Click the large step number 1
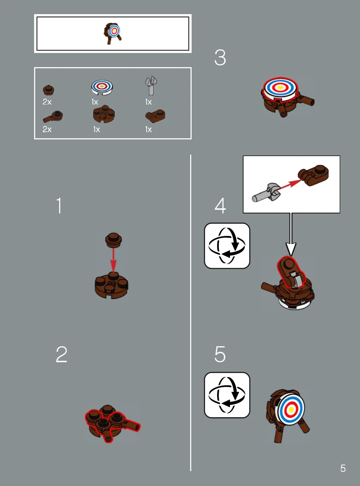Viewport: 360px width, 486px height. point(59,205)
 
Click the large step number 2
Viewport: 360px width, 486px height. point(62,354)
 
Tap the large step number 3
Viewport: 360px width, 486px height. point(220,57)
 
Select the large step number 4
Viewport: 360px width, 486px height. point(220,205)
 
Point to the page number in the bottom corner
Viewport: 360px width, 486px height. point(343,469)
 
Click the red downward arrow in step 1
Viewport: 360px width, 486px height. point(113,260)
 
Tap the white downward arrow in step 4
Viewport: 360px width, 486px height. point(291,234)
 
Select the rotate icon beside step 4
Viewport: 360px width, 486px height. point(227,246)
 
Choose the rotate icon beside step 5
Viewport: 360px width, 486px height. point(227,395)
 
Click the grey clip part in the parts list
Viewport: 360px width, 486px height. point(151,86)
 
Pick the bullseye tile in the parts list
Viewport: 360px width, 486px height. point(102,87)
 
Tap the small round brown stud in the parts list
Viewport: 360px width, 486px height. point(48,90)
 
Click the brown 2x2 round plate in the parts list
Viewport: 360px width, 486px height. point(104,114)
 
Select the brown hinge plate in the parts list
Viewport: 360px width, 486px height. point(155,116)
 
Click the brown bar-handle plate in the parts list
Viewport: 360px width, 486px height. point(53,117)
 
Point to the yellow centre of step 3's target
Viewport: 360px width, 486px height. point(280,87)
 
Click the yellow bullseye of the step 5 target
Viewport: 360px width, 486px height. point(291,409)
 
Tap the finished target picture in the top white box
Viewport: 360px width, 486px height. point(112,33)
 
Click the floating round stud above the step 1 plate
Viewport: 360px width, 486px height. point(114,240)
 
